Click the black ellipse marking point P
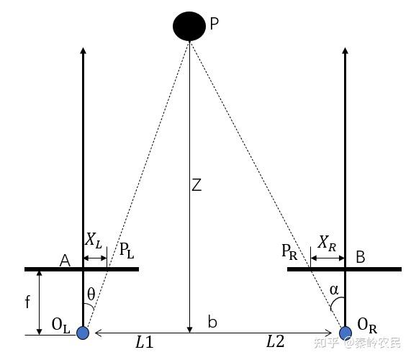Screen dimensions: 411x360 pos(189,26)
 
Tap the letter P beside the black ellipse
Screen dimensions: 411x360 pos(214,24)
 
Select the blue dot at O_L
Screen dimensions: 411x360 pos(83,333)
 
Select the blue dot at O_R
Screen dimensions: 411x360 pos(345,333)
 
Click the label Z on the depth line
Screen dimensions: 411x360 pos(197,184)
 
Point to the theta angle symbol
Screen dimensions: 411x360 pos(91,294)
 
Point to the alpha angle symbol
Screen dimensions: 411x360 pos(334,290)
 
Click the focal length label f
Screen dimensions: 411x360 pos(27,301)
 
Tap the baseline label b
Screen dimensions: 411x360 pos(212,321)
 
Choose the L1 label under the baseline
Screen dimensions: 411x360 pos(144,342)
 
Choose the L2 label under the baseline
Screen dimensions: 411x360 pos(275,341)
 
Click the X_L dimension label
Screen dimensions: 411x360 pos(94,240)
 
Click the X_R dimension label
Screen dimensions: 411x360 pos(327,243)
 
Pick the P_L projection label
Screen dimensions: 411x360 pos(127,251)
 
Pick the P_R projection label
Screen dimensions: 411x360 pos(289,252)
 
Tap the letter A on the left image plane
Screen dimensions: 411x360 pos(65,261)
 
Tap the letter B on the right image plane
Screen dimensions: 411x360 pos(361,257)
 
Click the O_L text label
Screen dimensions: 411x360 pos(60,325)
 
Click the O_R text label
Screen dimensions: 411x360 pos(367,326)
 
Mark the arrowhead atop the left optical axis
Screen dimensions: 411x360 pos(83,50)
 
